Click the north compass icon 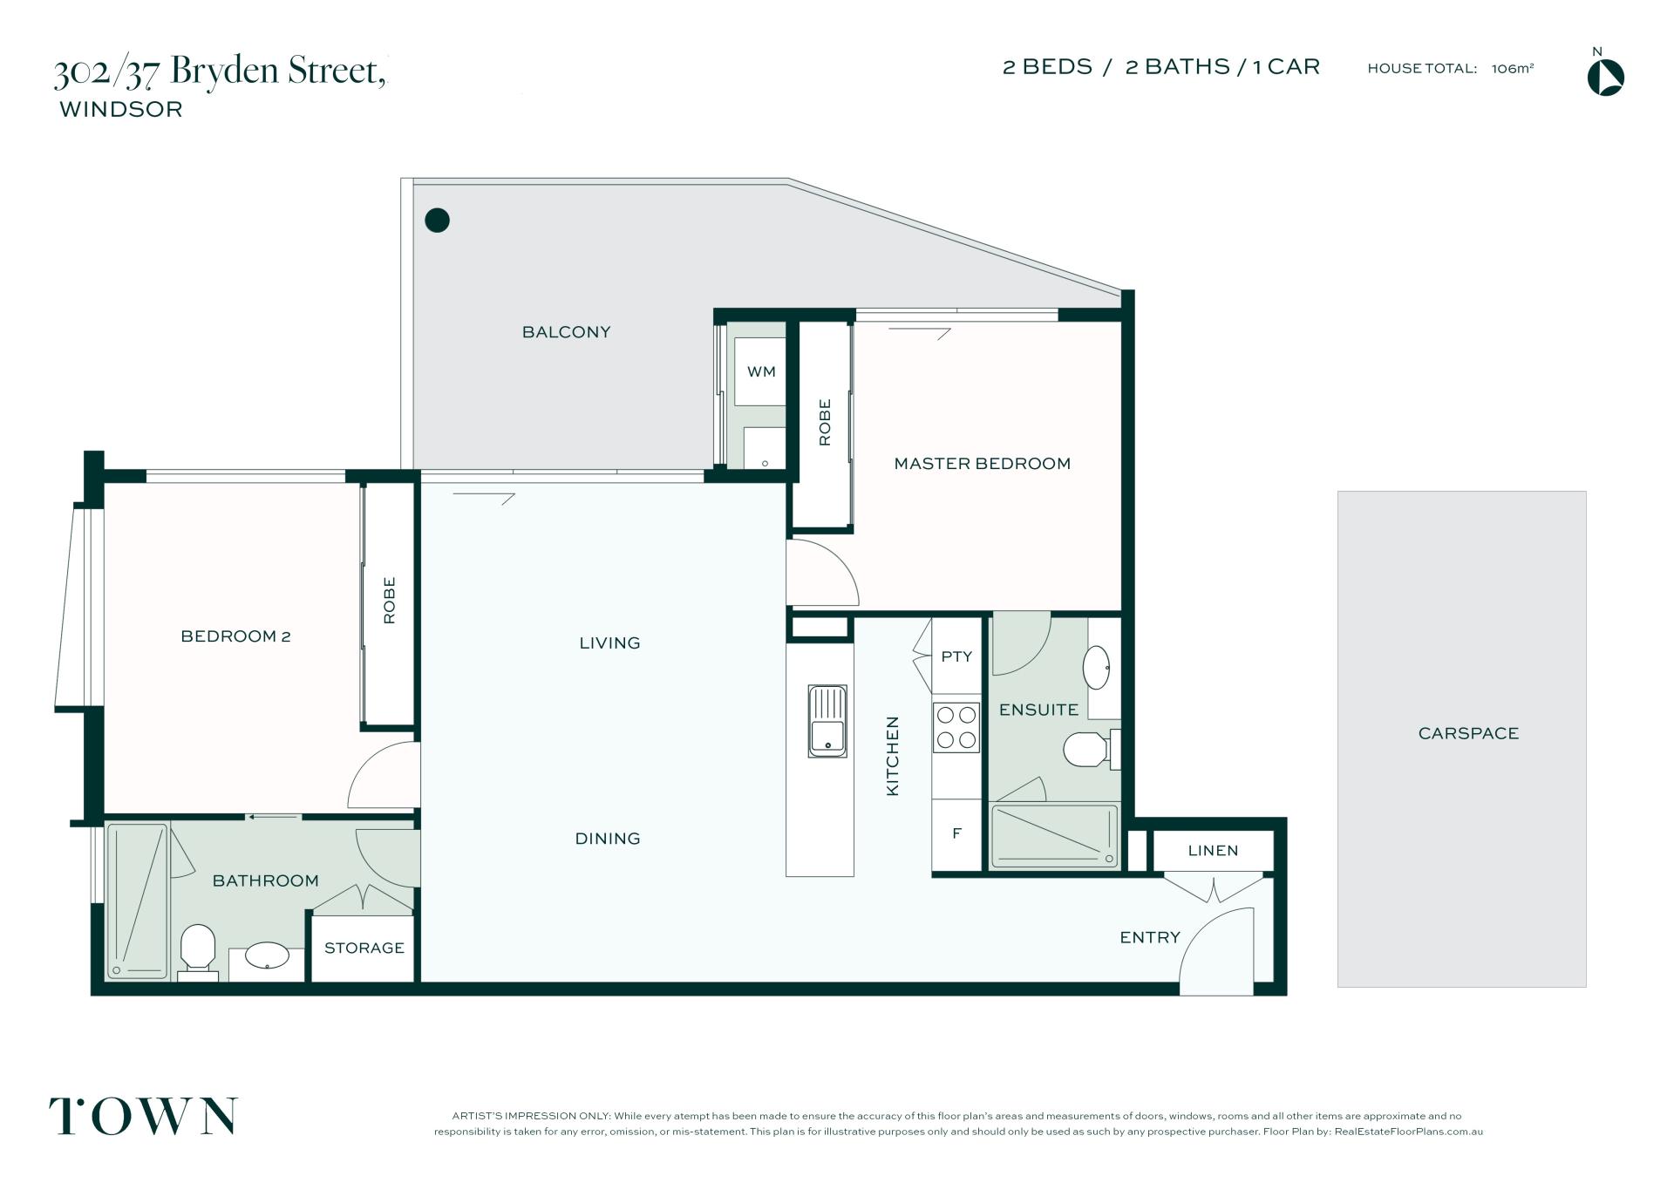click(x=1605, y=77)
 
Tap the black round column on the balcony click(x=437, y=221)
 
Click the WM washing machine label click(x=761, y=372)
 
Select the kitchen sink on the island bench click(x=827, y=721)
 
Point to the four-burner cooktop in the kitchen click(x=956, y=728)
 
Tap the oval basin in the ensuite click(x=1097, y=668)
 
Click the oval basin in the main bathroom click(x=267, y=955)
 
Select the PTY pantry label click(x=956, y=656)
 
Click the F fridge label click(x=956, y=833)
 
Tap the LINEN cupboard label click(x=1213, y=850)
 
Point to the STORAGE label click(x=364, y=948)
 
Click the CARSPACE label click(x=1468, y=733)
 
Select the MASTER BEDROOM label click(x=983, y=464)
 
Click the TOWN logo click(x=143, y=1117)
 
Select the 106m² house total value click(x=1513, y=68)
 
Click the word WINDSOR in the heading click(x=121, y=109)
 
